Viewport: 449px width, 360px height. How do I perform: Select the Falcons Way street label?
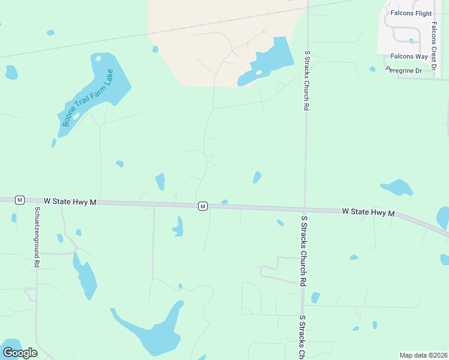pos(409,56)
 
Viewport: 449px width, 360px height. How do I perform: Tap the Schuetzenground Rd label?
pos(37,237)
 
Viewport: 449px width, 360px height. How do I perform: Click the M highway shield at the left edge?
pos(20,200)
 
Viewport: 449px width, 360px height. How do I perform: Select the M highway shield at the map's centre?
pos(203,206)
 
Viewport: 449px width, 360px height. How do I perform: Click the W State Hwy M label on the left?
pos(70,202)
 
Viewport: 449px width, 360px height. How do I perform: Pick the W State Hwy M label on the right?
pos(369,212)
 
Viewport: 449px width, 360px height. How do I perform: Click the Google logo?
pos(20,352)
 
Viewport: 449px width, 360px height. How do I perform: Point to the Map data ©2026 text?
pos(423,355)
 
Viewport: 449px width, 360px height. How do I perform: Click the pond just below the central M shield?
pos(178,228)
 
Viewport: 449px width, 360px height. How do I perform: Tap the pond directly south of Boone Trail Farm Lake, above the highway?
pos(160,181)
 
